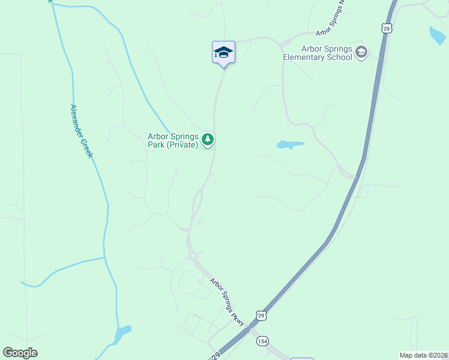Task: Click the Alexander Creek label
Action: (81, 131)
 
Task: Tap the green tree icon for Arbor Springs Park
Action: (208, 140)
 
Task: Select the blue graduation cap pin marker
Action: (223, 52)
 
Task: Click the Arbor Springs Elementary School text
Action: (318, 53)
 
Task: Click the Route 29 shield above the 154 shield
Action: (260, 315)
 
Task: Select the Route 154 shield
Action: (262, 341)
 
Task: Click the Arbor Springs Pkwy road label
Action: (227, 302)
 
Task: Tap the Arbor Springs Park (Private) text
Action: (173, 140)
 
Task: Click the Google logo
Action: (20, 353)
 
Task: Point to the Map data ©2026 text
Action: (423, 355)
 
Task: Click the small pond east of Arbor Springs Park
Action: (290, 145)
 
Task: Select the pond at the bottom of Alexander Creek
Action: (122, 332)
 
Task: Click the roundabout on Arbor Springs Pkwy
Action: (193, 256)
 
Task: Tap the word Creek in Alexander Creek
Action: (87, 148)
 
